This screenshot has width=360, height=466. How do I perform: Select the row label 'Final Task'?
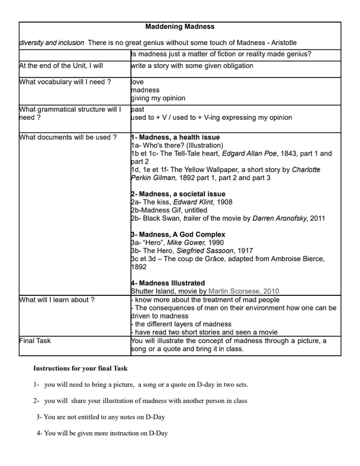[x=35, y=341]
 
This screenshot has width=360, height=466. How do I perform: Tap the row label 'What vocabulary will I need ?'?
[x=65, y=82]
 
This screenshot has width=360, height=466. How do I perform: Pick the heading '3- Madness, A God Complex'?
[x=178, y=235]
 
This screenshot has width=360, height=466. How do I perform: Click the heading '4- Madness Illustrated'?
[x=168, y=283]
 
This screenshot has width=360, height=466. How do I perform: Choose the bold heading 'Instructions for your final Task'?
[x=80, y=369]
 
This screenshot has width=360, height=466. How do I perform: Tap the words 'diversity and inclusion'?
[x=52, y=43]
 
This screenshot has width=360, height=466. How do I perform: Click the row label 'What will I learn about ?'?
[x=57, y=300]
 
